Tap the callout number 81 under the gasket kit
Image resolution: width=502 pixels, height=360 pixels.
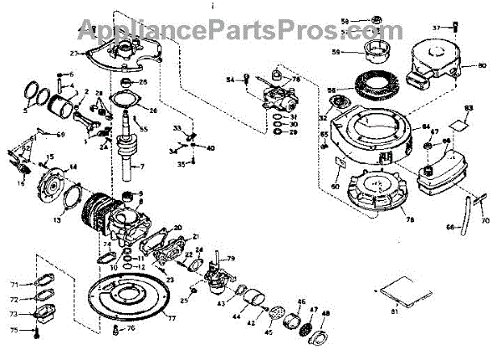[x=395, y=313]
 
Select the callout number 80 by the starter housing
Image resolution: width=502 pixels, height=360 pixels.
[x=482, y=65]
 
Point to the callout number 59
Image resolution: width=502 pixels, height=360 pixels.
[x=336, y=52]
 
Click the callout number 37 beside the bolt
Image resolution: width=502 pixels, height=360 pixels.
[x=436, y=28]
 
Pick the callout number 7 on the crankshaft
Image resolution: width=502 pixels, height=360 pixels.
[x=142, y=167]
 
